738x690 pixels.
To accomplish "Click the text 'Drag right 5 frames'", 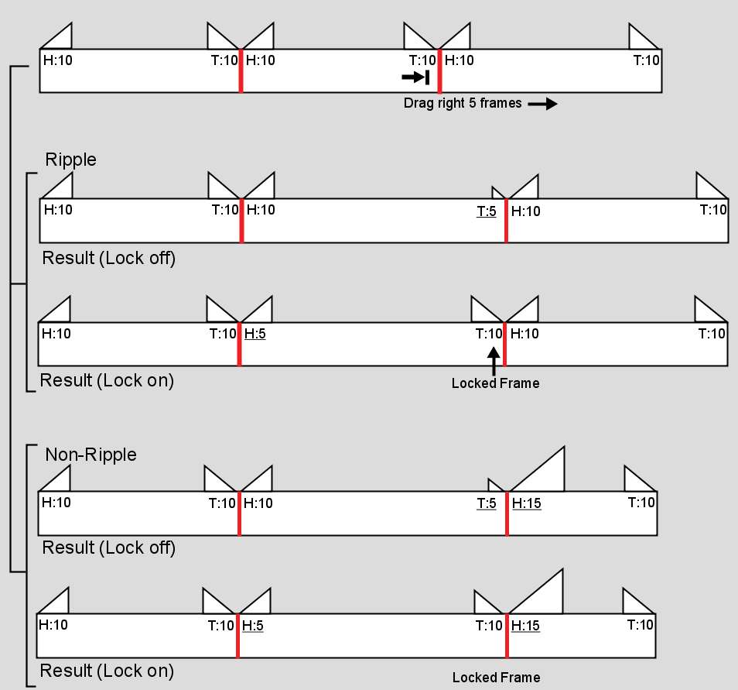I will click(463, 103).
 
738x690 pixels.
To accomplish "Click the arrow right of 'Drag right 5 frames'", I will click(542, 104).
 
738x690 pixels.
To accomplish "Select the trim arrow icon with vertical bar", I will click(415, 77).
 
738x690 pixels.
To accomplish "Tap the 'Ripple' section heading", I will click(70, 160).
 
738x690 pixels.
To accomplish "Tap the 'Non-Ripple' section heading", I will click(91, 455).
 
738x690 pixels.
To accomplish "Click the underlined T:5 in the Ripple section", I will click(487, 210).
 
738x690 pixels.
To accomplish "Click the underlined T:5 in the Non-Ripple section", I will click(487, 503).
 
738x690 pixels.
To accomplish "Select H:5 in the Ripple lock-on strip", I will click(255, 334).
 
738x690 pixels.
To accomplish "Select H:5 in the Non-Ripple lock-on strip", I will click(253, 626).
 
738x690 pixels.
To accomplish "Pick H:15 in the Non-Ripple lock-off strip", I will click(527, 503).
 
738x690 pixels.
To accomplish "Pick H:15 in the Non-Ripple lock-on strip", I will click(526, 626).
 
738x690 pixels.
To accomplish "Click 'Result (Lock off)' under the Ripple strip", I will click(109, 258).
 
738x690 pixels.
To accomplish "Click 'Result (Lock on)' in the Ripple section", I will click(107, 380).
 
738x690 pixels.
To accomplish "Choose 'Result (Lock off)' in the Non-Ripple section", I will click(109, 548).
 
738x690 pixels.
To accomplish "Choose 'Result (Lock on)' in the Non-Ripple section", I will click(107, 671).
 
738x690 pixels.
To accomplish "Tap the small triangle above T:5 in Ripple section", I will click(498, 193).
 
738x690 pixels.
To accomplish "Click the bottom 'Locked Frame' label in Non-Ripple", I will click(496, 678).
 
